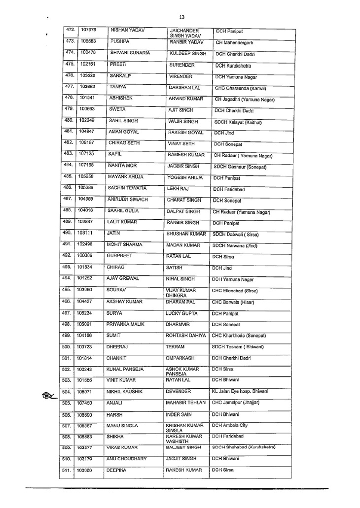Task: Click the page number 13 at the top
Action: point(182,17)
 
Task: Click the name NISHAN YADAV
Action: point(128,31)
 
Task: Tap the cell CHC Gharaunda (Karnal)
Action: point(243,89)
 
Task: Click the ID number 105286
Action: point(87,188)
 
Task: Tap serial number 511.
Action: point(70,471)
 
